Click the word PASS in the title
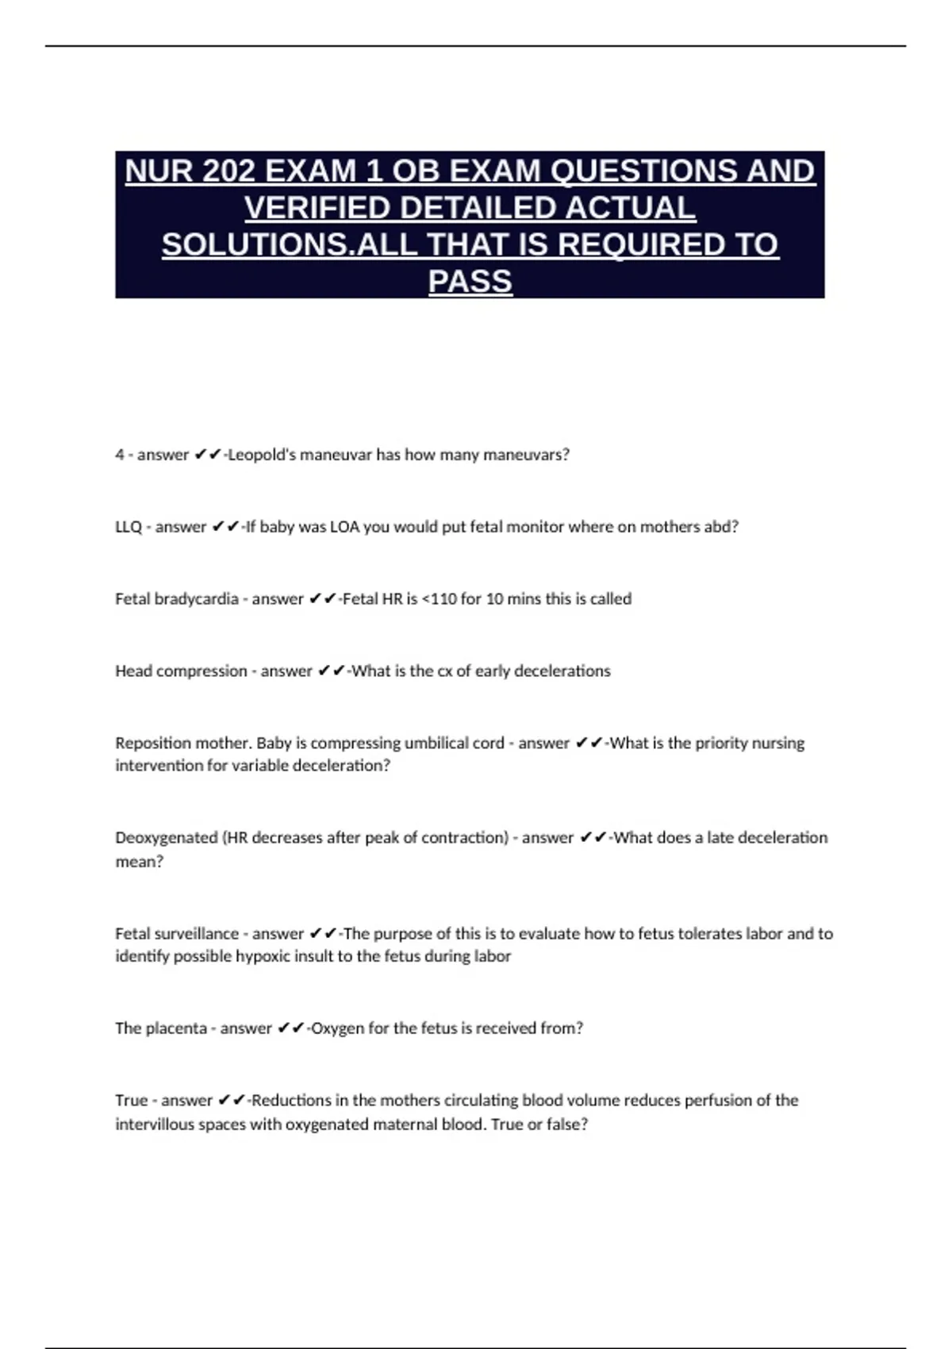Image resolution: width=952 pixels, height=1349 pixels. pyautogui.click(x=470, y=281)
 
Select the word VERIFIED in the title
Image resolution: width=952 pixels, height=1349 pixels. pyautogui.click(x=317, y=208)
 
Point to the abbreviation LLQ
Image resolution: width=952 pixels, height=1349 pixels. pyautogui.click(x=129, y=527)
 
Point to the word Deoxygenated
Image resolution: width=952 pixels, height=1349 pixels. pyautogui.click(x=166, y=838)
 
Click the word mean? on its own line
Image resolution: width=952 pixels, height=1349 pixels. pyautogui.click(x=139, y=862)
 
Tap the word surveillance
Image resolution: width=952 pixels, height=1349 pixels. pyautogui.click(x=198, y=934)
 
